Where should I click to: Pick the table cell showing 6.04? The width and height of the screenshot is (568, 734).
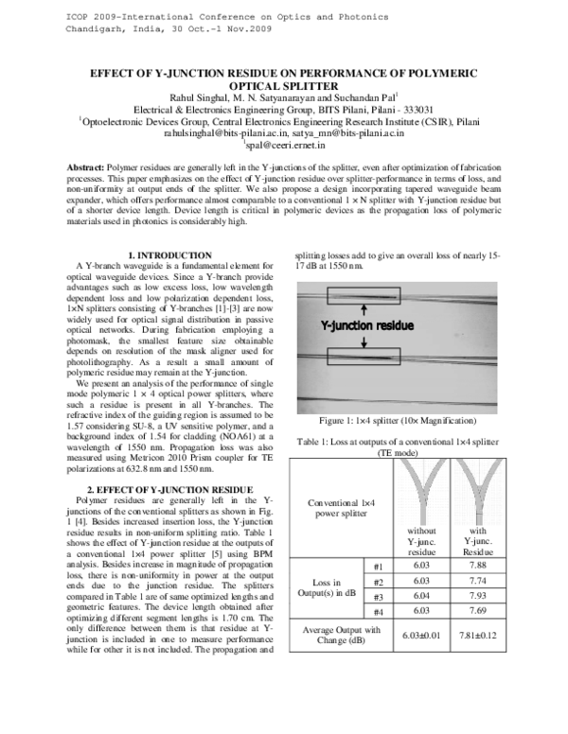(x=421, y=597)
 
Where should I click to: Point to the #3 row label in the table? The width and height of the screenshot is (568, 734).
(x=376, y=597)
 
